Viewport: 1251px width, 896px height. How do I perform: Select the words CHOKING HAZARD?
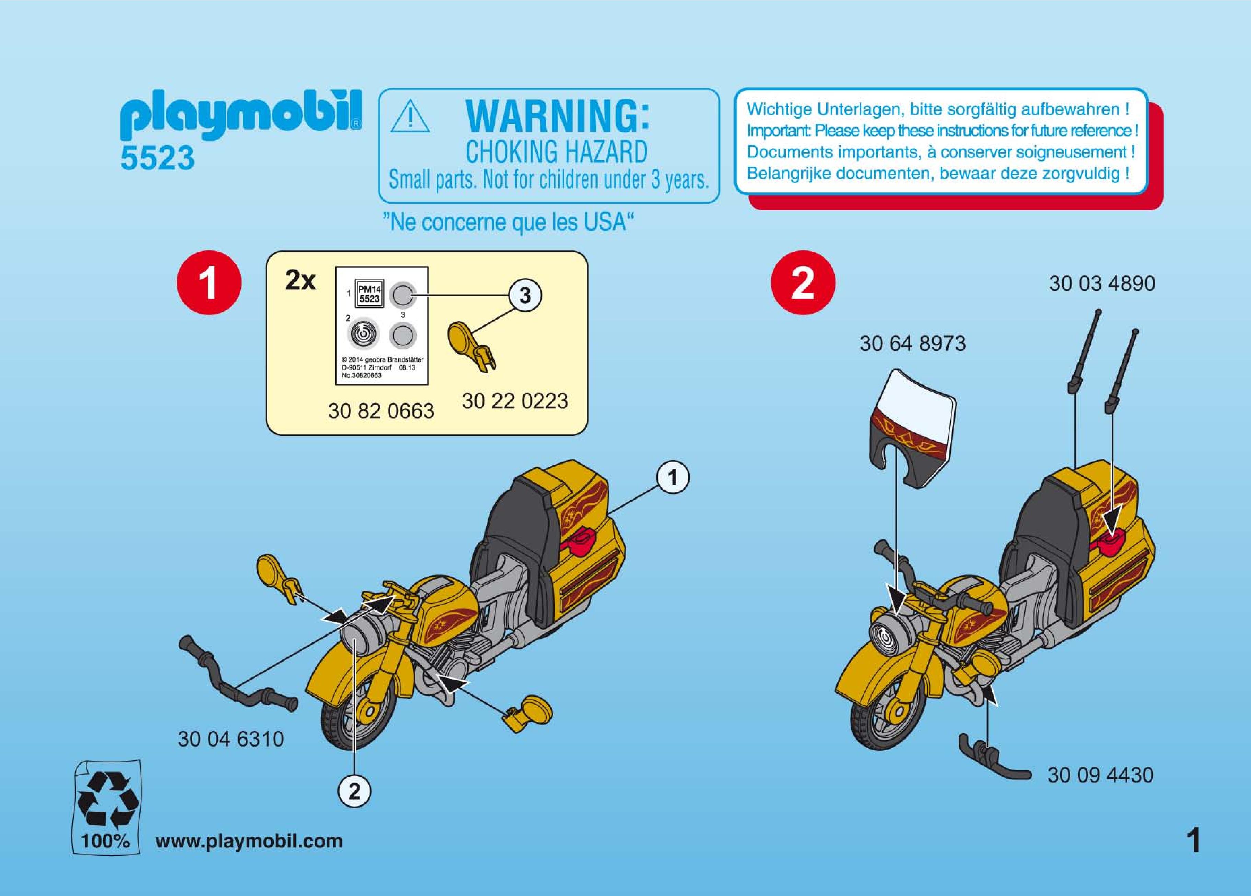tap(557, 152)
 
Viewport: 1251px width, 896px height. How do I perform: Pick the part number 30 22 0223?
tap(515, 401)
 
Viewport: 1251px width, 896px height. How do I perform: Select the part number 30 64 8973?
tap(913, 344)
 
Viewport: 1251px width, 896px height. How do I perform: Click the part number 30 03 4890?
tap(1102, 284)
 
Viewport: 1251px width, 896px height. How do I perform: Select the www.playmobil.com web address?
tap(249, 841)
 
